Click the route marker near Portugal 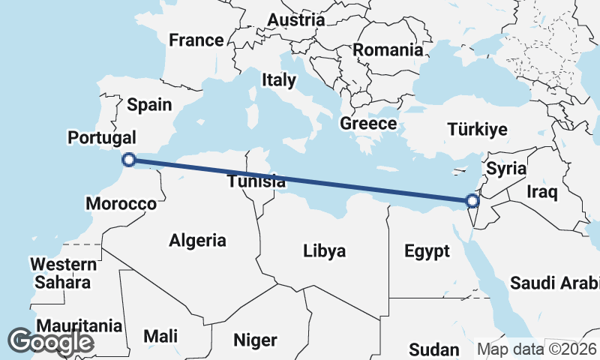(x=129, y=159)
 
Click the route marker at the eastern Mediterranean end (x=472, y=200)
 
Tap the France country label (x=196, y=40)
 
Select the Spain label (x=149, y=104)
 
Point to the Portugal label (x=102, y=138)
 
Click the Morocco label (x=121, y=203)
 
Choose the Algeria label (x=197, y=241)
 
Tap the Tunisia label (x=256, y=181)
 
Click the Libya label (x=324, y=250)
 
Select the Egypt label (x=427, y=250)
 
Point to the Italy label (x=279, y=79)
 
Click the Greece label (x=367, y=124)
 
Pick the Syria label (x=502, y=169)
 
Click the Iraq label (x=542, y=193)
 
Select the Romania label (x=388, y=51)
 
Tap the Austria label (x=296, y=19)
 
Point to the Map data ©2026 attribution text (x=537, y=349)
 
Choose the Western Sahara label (x=63, y=274)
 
